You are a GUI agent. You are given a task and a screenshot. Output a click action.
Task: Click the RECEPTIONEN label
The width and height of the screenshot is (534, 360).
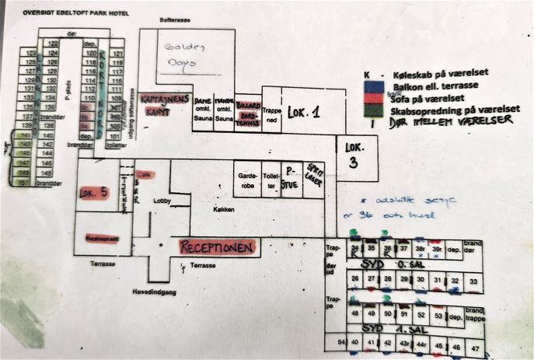(x=218, y=247)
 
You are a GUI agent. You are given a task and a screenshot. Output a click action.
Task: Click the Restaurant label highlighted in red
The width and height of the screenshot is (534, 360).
(x=102, y=239)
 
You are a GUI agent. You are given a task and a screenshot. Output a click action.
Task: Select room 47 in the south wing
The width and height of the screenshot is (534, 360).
(x=476, y=346)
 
